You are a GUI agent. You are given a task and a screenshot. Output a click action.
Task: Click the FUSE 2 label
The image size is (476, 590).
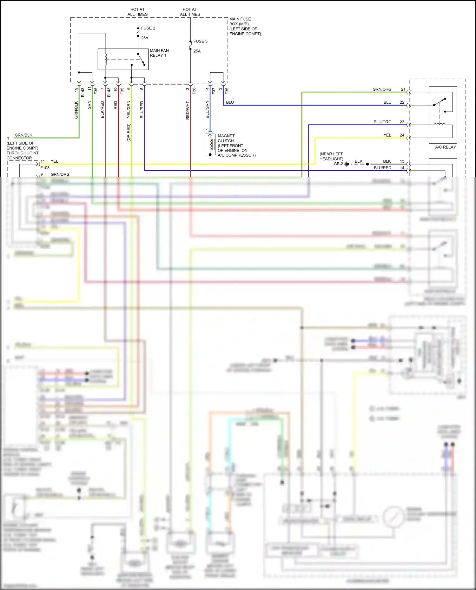[148, 28]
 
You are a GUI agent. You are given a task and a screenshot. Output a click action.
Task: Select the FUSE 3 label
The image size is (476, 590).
[200, 41]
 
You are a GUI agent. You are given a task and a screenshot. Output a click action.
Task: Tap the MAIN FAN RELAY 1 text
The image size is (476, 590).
[159, 53]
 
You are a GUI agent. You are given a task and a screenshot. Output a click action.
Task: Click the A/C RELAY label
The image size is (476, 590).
[445, 147]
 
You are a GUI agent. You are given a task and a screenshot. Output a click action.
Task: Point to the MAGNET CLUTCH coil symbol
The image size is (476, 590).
[210, 144]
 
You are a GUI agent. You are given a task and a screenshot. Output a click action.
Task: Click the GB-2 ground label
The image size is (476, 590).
[338, 164]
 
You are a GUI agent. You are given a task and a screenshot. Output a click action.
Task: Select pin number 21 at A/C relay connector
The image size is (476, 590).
[403, 89]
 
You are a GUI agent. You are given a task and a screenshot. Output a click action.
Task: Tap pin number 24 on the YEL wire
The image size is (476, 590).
[402, 135]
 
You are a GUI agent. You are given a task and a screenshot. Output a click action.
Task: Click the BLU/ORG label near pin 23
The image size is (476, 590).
[382, 122]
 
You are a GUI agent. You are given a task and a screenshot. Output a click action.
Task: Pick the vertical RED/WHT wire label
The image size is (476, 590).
[188, 110]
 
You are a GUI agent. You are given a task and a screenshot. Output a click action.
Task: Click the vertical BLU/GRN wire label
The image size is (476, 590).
[207, 109]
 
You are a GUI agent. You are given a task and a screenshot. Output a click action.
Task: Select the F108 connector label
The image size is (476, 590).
[45, 168]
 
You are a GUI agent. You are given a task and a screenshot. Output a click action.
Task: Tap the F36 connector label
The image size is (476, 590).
[194, 91]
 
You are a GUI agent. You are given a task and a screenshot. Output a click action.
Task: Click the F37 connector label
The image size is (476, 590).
[214, 91]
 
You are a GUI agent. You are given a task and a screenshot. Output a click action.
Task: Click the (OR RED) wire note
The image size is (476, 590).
[129, 133]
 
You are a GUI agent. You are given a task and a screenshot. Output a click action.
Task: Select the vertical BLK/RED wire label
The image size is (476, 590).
[102, 110]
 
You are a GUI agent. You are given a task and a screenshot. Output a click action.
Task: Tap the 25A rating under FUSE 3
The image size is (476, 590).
[197, 51]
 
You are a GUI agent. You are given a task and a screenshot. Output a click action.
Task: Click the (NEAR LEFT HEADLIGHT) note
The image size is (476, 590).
[331, 156]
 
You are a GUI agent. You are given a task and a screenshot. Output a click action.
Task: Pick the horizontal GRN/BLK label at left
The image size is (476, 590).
[23, 135]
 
